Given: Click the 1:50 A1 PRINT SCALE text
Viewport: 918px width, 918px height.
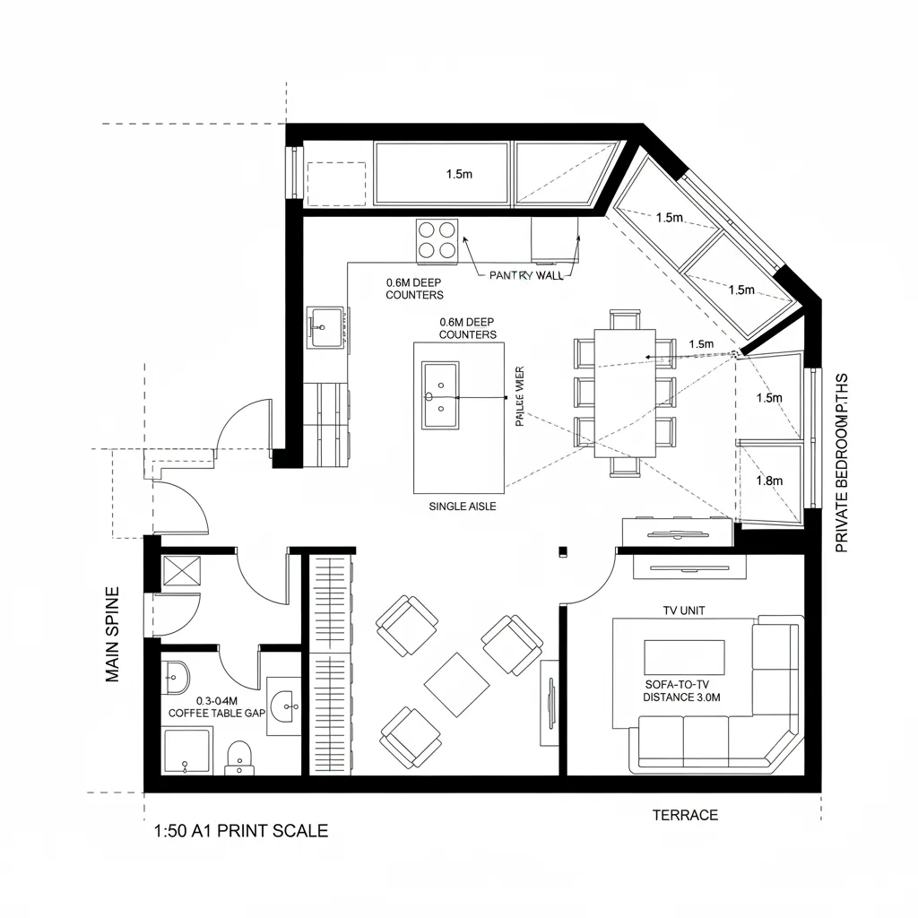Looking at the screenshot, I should coord(240,830).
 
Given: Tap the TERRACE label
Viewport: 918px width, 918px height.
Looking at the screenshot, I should coord(684,815).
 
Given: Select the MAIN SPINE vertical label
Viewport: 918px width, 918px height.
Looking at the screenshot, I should coord(113,634).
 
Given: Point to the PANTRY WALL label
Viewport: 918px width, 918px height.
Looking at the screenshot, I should coord(526,275).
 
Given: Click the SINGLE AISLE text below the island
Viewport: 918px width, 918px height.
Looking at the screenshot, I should coord(463,507).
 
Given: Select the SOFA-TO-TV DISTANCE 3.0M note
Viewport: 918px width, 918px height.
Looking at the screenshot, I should coord(681,690).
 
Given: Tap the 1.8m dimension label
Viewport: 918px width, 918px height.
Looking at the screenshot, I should coord(769,481).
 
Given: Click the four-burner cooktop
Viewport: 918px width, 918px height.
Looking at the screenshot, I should coord(437,239).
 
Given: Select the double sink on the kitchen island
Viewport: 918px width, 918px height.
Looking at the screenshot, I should coord(440,394).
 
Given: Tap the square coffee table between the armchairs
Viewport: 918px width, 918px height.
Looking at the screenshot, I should coord(457,683).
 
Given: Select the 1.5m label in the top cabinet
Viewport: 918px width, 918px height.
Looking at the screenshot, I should coord(459,174).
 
